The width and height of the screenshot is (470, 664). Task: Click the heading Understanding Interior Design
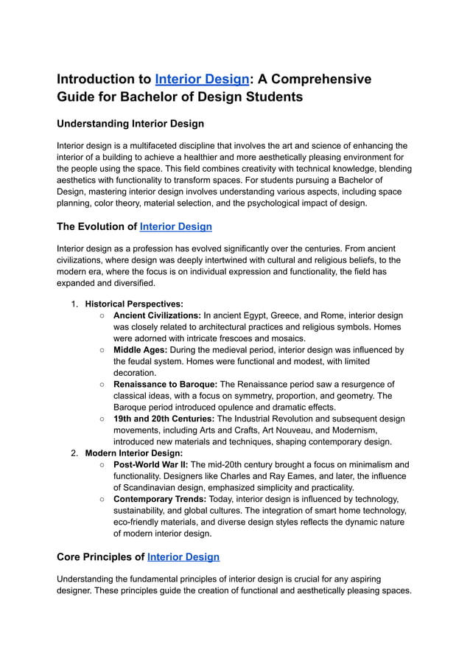[130, 124]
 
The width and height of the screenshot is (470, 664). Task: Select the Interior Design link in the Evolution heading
[175, 227]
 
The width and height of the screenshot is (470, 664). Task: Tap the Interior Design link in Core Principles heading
[183, 557]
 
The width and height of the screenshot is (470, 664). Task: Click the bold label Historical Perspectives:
[134, 304]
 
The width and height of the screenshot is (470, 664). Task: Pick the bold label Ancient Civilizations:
[157, 315]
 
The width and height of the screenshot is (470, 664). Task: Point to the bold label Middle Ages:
[140, 350]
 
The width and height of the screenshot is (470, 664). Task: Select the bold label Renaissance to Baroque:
[165, 385]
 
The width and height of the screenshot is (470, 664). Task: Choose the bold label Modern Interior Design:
[133, 453]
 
